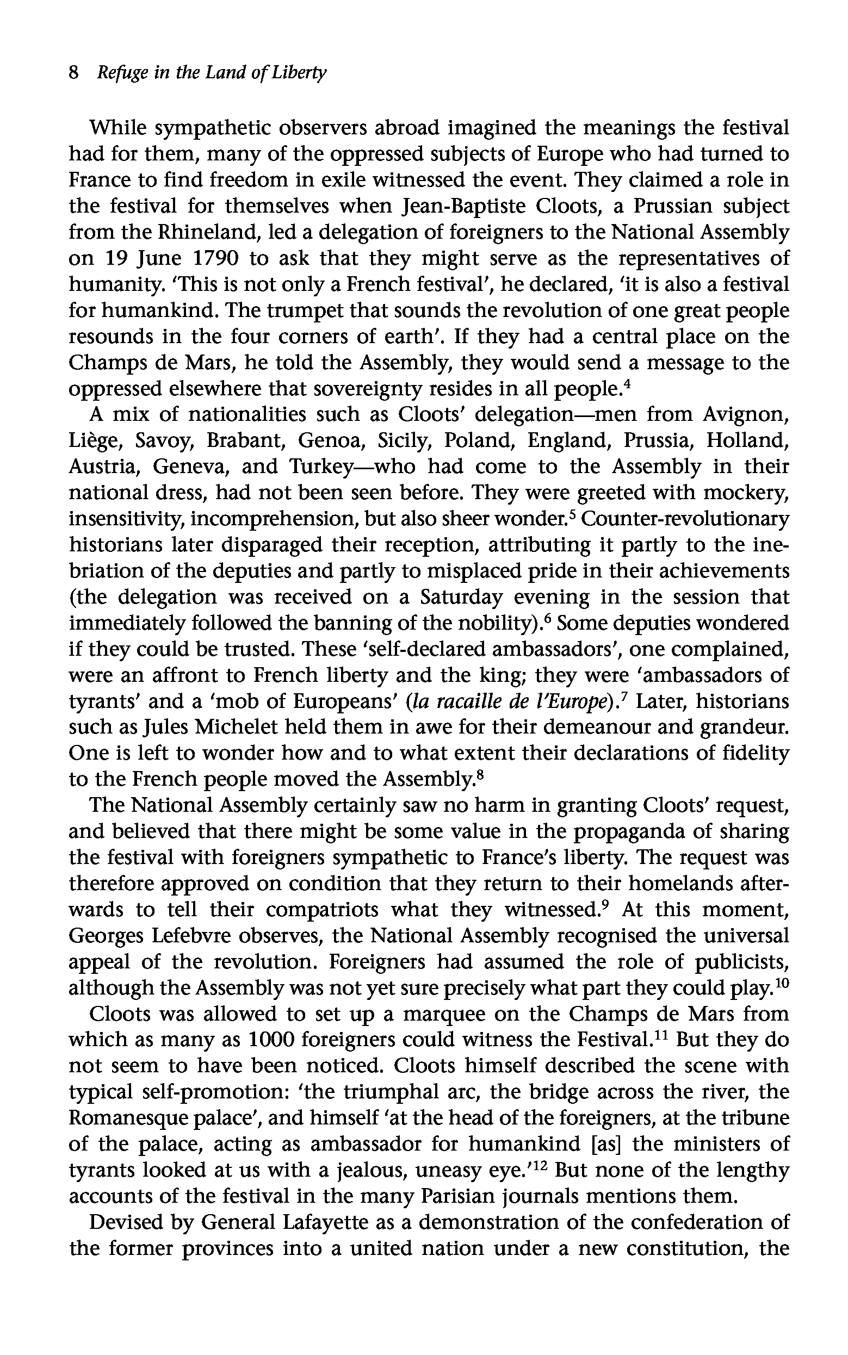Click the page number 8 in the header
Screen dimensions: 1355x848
coord(73,73)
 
